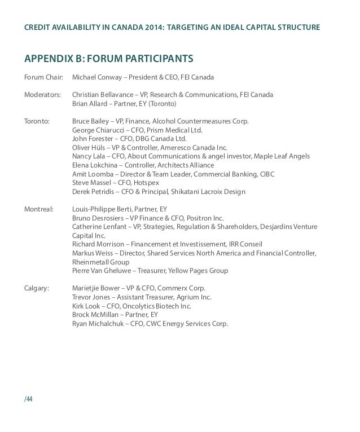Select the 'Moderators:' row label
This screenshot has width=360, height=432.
(x=42, y=95)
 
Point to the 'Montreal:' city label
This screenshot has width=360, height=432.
(x=38, y=209)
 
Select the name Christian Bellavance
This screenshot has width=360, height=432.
(x=106, y=95)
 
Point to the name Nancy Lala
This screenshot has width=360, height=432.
(x=89, y=156)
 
